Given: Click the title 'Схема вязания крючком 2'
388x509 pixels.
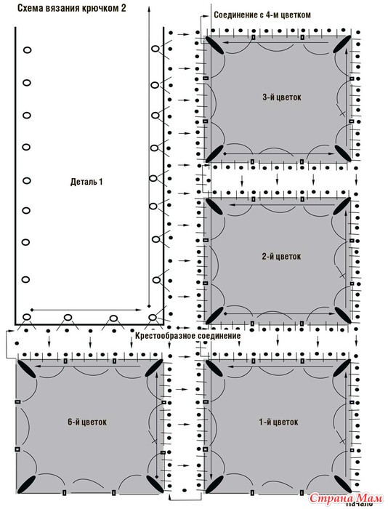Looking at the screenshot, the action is (72, 8).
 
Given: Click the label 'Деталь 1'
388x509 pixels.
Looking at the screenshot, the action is (86, 182).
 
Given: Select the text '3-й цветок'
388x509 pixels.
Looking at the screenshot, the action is (282, 97).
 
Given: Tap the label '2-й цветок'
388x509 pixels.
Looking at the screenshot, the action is (281, 257).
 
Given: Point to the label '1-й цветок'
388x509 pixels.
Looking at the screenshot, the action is (278, 422).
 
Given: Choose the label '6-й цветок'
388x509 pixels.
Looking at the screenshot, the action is (87, 422).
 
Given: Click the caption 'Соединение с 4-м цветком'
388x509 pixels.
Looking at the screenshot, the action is (262, 15).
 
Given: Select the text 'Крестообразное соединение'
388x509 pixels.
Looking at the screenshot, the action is (188, 335).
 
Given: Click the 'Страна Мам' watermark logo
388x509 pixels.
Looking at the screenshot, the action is (346, 497).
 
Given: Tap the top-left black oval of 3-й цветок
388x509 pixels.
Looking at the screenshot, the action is (214, 44).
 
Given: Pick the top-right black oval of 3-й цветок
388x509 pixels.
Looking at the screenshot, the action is (341, 44).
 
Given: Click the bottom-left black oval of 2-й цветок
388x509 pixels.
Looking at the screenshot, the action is (214, 315).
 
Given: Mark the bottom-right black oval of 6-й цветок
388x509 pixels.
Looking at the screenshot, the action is (155, 484).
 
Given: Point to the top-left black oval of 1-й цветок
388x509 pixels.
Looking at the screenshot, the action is (214, 369).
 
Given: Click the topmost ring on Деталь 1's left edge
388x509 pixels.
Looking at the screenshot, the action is (27, 50).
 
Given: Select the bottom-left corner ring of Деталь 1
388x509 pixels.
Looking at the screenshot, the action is (27, 317).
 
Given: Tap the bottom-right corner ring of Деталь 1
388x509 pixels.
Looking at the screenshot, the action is (152, 317).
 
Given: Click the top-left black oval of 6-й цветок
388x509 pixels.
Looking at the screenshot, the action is (27, 369).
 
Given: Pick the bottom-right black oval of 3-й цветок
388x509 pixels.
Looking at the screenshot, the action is (343, 153).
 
